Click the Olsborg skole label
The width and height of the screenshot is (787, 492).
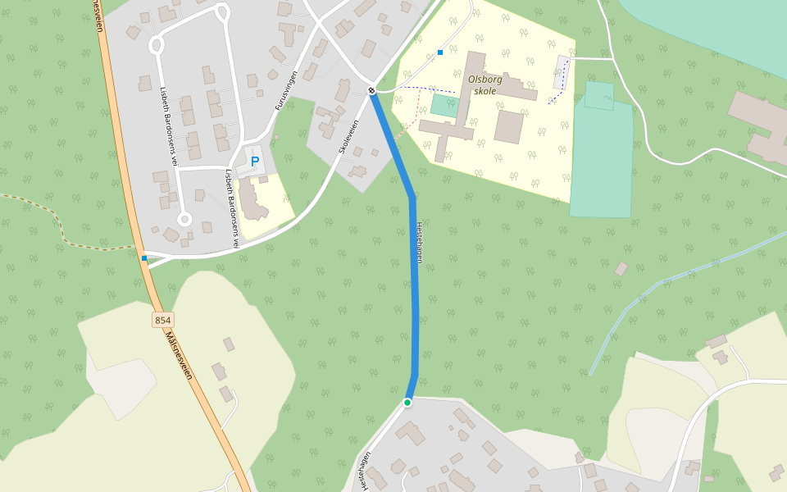[x=484, y=85]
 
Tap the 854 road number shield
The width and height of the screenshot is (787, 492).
[x=162, y=320]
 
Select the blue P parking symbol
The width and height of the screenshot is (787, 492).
[x=255, y=162]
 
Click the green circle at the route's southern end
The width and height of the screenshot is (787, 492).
[x=407, y=403]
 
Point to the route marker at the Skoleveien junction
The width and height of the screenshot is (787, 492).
[x=371, y=90]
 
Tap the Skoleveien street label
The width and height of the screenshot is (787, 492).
[x=349, y=137]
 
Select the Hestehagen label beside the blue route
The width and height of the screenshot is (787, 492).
[x=419, y=243]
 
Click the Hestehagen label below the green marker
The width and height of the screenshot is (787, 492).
[x=364, y=471]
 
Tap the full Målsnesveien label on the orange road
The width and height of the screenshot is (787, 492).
[x=179, y=355]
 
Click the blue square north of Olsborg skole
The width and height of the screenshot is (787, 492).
[x=440, y=52]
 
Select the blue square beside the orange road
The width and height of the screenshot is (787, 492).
[x=144, y=258]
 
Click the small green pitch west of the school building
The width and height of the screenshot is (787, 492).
[x=444, y=105]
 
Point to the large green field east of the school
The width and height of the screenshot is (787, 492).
[x=602, y=156]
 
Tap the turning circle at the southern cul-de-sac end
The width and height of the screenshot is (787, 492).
[x=184, y=219]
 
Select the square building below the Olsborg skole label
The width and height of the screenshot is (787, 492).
[x=508, y=127]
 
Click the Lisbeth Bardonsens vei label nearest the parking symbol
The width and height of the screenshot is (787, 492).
[x=232, y=208]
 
